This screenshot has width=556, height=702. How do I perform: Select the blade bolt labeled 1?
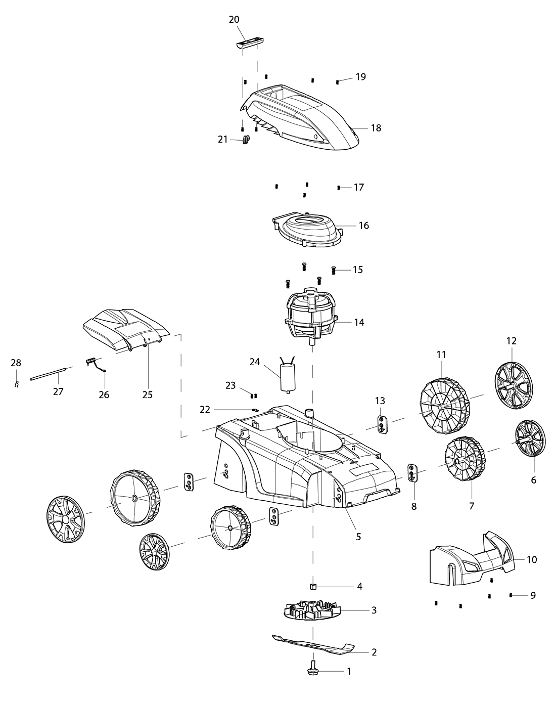coord(312,669)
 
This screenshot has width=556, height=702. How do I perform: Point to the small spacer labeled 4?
coord(313,586)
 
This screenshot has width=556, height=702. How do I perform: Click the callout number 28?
coord(16,363)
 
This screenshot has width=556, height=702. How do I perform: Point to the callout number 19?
coord(360,77)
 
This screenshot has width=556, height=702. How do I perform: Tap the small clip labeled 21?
coord(247,140)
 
